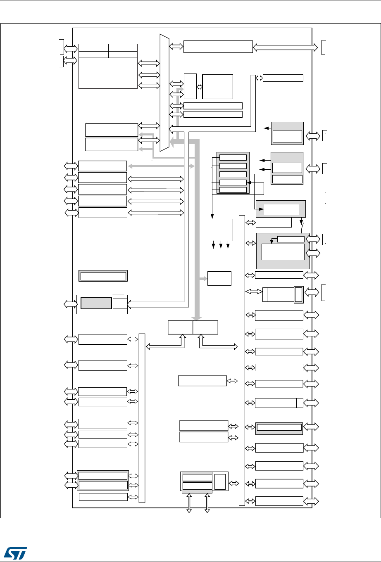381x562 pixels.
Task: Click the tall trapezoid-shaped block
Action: [164, 93]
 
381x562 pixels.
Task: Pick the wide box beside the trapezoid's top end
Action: [218, 47]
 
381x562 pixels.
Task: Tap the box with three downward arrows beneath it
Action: [220, 230]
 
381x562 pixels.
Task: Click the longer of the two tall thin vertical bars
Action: [242, 359]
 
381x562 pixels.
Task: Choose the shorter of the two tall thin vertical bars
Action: [142, 417]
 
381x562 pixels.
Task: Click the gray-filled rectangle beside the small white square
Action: [96, 303]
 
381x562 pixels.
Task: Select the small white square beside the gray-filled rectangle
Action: [120, 303]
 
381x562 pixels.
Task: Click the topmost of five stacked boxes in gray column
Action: [233, 157]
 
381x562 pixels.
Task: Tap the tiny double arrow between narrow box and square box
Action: [200, 87]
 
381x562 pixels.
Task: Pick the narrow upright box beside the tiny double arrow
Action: [190, 86]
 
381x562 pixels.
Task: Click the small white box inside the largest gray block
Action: [291, 239]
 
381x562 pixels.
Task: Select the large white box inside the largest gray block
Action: [283, 251]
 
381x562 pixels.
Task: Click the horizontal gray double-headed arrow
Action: [161, 166]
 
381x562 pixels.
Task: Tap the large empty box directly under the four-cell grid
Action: [108, 73]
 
